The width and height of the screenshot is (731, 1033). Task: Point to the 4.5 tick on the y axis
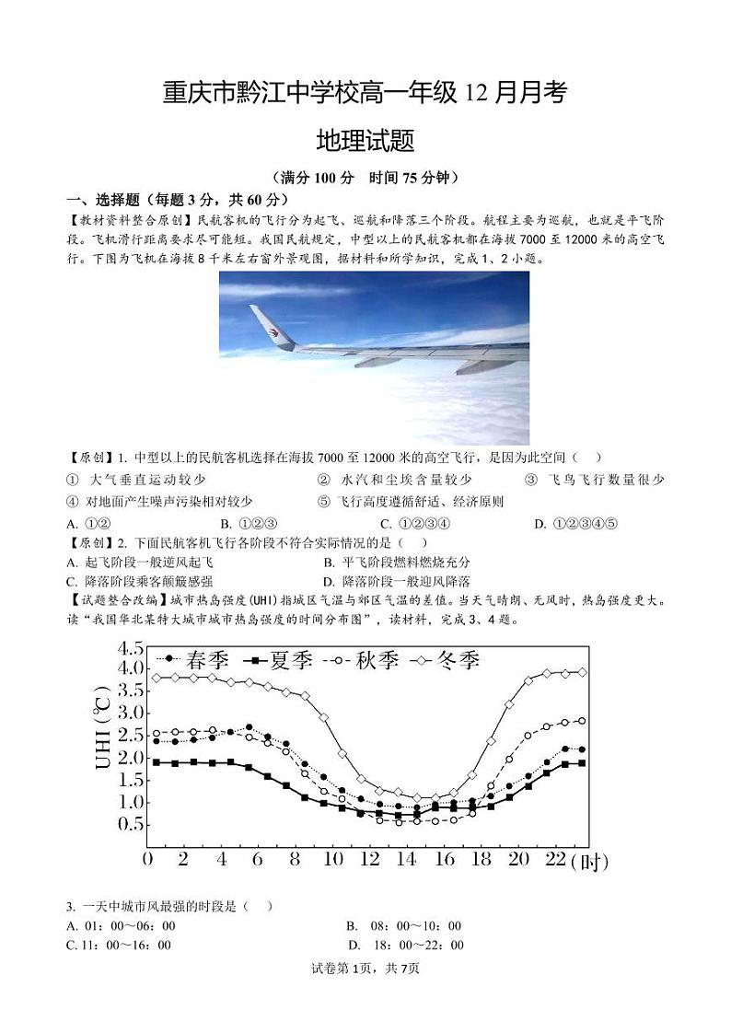[130, 647]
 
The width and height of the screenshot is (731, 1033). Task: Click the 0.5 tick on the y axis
[130, 824]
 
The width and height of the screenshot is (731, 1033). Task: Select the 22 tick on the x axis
[555, 860]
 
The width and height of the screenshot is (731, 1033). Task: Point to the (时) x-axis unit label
[591, 862]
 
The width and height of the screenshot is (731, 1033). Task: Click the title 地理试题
[365, 140]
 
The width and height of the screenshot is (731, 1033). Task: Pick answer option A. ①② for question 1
[89, 524]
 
